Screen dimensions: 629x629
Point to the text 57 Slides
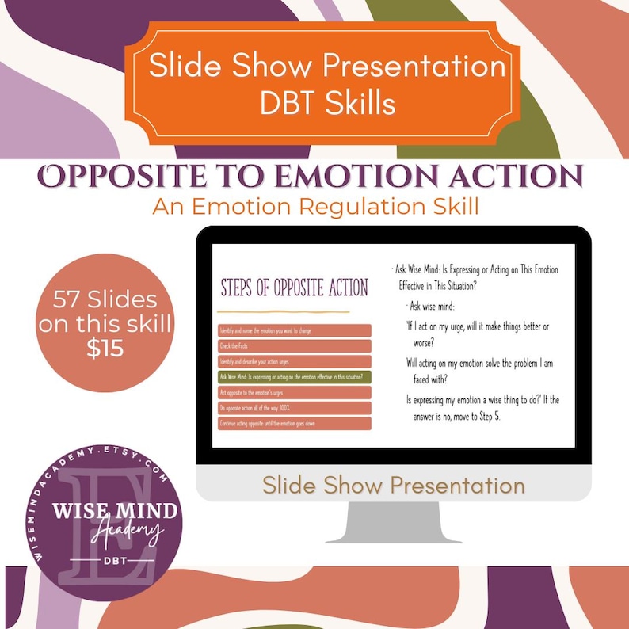coord(105,300)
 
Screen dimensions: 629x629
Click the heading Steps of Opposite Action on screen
coord(294,287)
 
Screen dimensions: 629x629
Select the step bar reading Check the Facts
coord(294,345)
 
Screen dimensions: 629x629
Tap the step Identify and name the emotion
coord(294,330)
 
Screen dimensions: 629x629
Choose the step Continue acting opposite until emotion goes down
coord(294,423)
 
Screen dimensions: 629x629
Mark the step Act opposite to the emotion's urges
coord(294,392)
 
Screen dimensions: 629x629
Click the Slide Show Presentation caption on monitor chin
coord(393,484)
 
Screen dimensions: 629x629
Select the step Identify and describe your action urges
coord(294,361)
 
